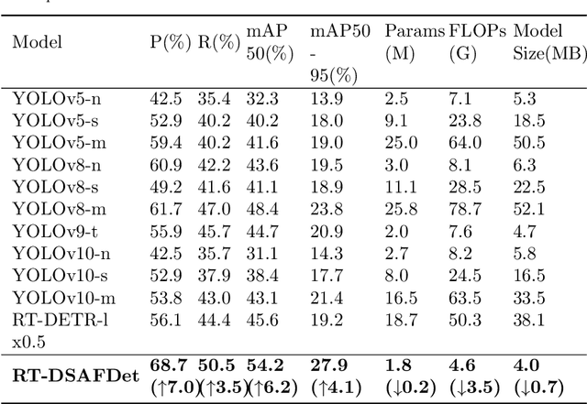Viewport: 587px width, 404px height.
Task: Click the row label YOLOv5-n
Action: pyautogui.click(x=50, y=97)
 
